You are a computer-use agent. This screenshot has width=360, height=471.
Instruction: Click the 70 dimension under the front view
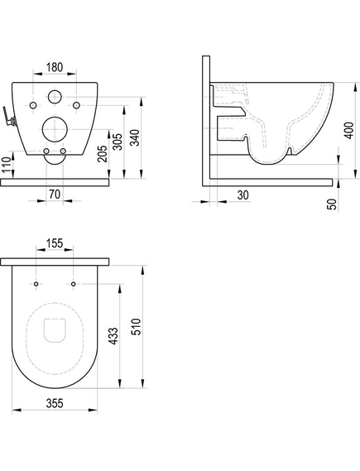(x=54, y=195)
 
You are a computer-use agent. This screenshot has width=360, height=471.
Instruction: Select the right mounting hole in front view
(x=76, y=106)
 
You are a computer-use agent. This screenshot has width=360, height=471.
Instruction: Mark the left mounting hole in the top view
(x=37, y=285)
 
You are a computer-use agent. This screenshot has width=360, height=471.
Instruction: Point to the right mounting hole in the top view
(x=74, y=285)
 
